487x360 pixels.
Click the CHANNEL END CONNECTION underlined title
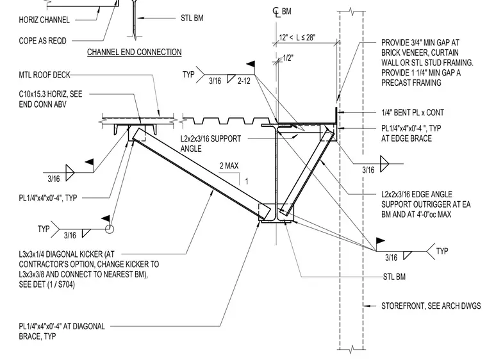[134, 52]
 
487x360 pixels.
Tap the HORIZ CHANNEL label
[44, 20]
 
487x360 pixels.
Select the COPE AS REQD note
[42, 41]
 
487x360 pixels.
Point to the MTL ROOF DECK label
[44, 75]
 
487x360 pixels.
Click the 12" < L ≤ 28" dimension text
[297, 38]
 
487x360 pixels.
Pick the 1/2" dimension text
[288, 58]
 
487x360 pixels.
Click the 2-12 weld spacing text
[244, 81]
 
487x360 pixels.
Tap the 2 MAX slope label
[229, 166]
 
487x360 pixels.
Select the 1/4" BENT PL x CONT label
[413, 113]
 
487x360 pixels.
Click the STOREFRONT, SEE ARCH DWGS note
[431, 306]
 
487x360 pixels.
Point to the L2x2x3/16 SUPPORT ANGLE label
[211, 143]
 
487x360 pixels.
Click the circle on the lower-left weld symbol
[110, 229]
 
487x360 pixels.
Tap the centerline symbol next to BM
[276, 12]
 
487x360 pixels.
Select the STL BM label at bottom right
[394, 277]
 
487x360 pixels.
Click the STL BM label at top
[192, 18]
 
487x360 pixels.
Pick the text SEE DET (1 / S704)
[47, 284]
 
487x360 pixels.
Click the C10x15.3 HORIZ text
[51, 94]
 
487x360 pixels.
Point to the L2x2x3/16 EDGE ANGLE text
[417, 195]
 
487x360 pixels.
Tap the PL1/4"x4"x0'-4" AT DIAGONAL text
[62, 327]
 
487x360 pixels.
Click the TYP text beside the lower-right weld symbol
[442, 251]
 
